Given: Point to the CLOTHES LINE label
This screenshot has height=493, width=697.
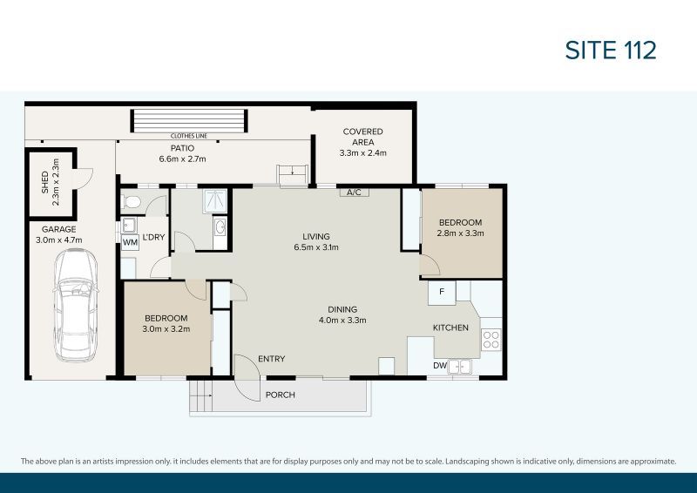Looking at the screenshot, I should [189, 136].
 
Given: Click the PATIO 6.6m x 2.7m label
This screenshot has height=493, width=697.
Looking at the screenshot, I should [182, 153].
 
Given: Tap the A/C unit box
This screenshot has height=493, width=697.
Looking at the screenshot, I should [354, 192].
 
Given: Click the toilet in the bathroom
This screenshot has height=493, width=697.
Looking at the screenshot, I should [132, 201].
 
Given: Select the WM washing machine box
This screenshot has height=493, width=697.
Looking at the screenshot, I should [129, 243].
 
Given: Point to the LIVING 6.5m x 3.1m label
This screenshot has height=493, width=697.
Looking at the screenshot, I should [315, 241].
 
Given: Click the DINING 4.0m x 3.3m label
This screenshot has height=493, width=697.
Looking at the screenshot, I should [342, 314].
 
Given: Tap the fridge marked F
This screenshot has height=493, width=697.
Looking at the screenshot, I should [442, 292].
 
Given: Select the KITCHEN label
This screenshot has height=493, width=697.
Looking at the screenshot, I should [450, 328].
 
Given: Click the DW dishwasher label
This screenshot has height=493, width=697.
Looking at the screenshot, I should [440, 366].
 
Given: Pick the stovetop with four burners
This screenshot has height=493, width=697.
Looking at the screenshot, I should [491, 340].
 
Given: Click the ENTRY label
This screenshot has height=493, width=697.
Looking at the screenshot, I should [271, 359].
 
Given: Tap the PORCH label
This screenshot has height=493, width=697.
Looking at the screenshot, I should [281, 395].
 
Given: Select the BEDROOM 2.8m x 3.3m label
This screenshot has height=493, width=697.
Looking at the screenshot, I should [462, 227].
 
